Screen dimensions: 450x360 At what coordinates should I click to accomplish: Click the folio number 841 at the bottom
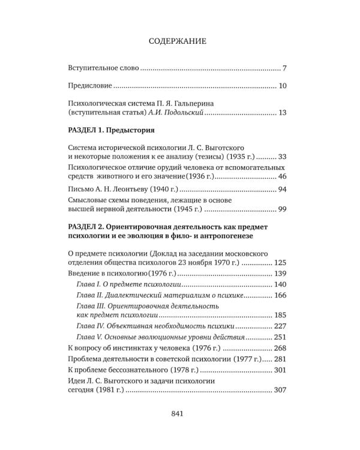(x=180, y=413)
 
